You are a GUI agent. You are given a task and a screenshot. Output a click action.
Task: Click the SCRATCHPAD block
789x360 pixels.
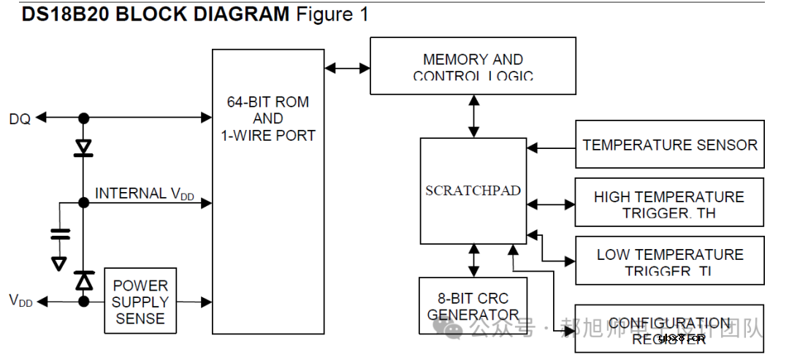tap(473, 191)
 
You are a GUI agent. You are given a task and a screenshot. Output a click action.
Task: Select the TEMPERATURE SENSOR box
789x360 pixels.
tap(669, 145)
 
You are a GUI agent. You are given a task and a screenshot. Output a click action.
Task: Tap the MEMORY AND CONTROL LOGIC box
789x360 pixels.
tap(473, 66)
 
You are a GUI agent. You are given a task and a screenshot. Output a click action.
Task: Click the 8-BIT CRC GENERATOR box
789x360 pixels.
tap(473, 306)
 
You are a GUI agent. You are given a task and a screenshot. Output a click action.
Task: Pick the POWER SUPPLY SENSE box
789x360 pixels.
tap(140, 301)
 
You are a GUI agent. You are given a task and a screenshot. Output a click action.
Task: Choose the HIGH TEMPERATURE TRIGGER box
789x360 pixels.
tap(669, 204)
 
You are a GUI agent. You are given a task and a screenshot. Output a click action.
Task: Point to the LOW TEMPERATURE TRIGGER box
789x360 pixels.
tap(669, 261)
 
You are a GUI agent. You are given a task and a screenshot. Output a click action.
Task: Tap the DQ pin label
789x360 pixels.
tap(20, 118)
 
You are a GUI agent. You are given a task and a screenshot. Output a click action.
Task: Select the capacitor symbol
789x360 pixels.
tap(60, 234)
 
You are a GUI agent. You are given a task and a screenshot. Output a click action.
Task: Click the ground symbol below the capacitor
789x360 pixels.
tap(59, 263)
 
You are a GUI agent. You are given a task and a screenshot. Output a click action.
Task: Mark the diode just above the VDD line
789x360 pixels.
tap(84, 280)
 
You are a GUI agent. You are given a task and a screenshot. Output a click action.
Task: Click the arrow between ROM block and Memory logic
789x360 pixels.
tap(347, 68)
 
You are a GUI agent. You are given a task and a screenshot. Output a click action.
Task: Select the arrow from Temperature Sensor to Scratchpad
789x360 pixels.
tap(551, 148)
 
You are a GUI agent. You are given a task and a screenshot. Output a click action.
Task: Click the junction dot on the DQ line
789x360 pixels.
tap(84, 118)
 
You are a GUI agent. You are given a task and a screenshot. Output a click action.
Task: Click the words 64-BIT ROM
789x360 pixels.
tap(267, 102)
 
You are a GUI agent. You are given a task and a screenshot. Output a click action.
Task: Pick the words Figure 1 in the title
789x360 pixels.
tap(332, 14)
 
